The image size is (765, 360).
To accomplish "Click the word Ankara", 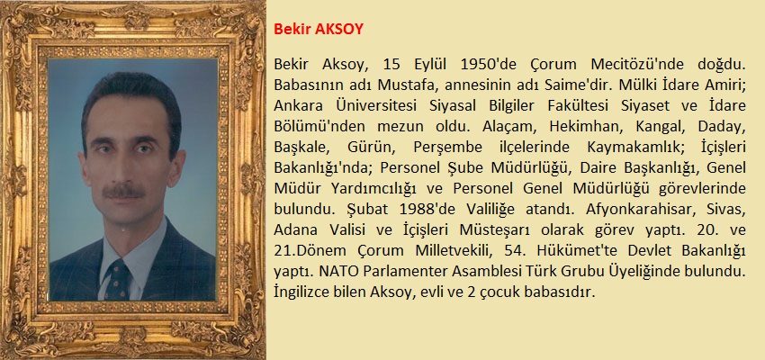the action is tap(293, 106).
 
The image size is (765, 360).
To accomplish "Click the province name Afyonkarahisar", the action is tap(635, 210).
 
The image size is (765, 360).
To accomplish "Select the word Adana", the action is tap(294, 230).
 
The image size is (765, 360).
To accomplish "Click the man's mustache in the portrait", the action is tap(122, 191).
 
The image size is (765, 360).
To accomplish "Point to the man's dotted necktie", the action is tap(118, 280).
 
